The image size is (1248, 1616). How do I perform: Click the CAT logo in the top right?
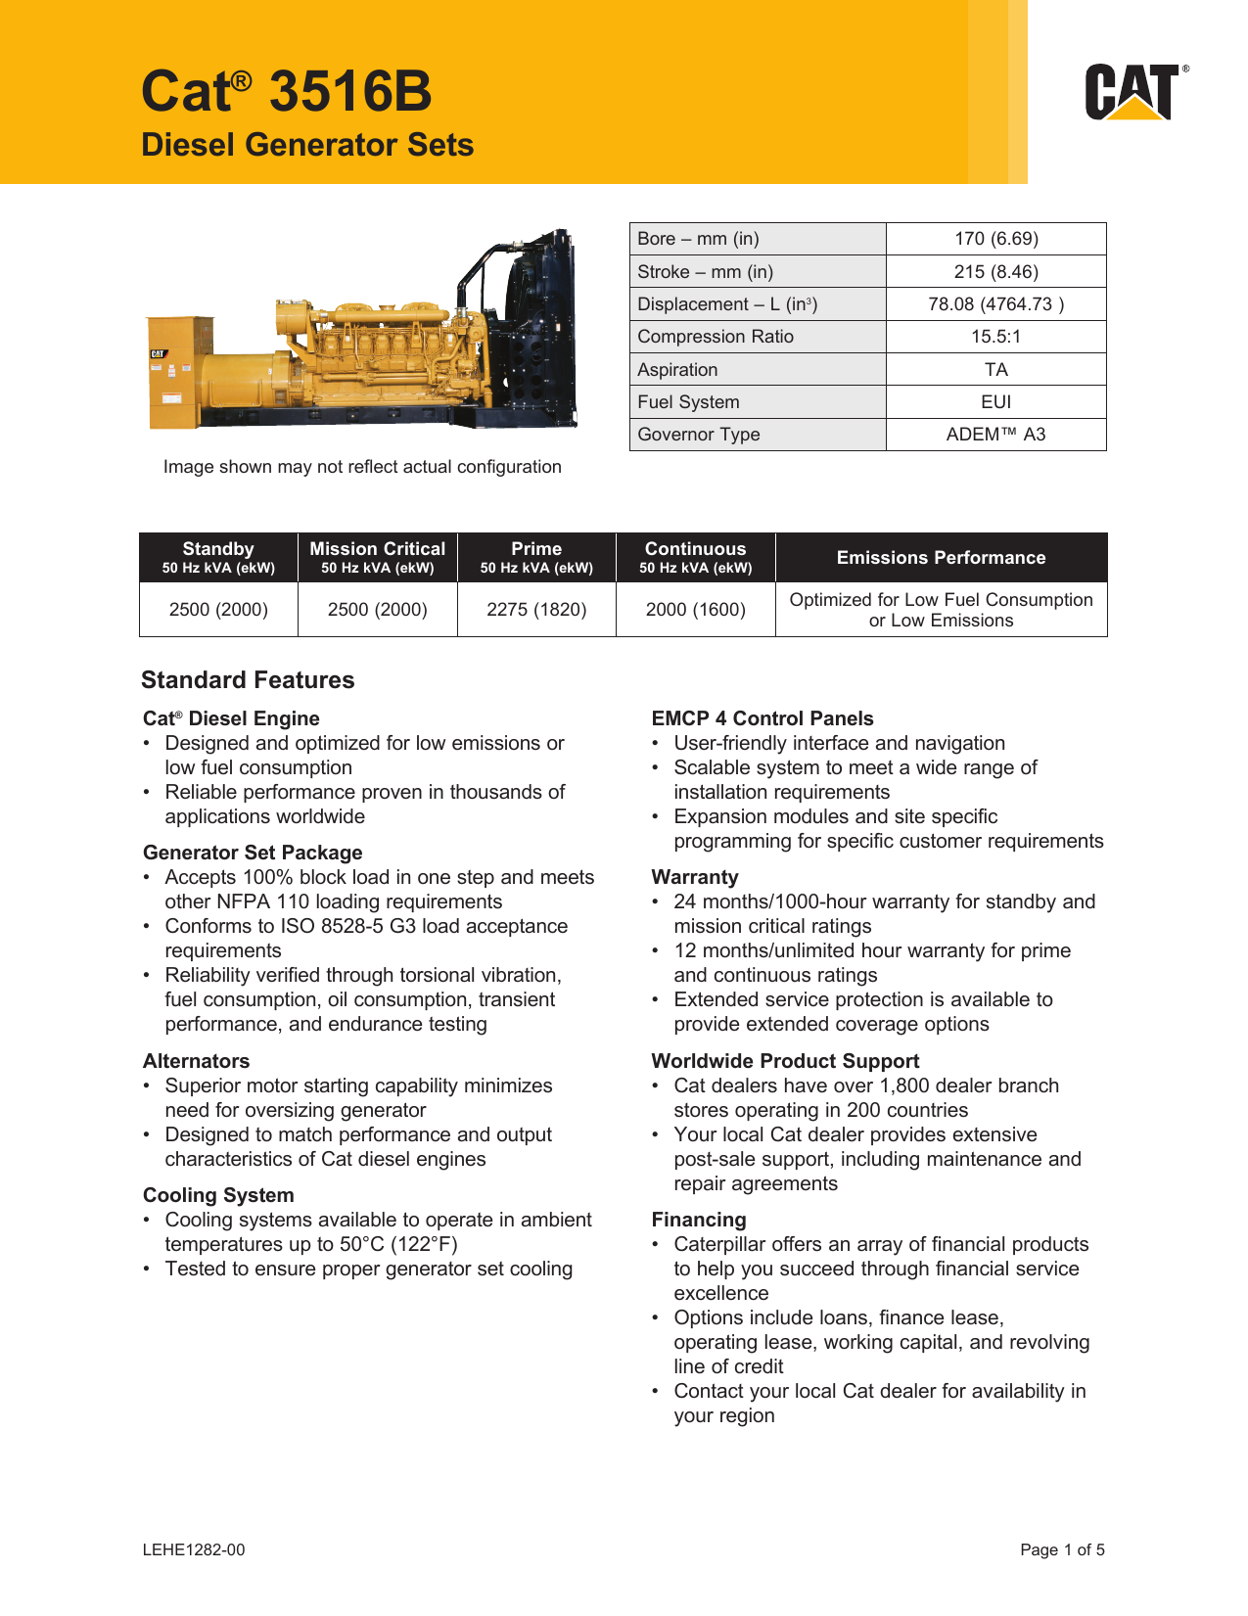point(1135,92)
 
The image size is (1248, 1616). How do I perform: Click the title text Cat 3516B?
point(286,91)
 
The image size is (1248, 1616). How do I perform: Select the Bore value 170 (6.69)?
point(995,239)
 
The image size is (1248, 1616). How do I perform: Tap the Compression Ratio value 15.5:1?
point(995,337)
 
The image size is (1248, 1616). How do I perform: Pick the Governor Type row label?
point(698,435)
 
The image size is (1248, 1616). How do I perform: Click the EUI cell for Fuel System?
point(995,402)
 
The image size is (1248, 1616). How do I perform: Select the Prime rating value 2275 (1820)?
point(536,610)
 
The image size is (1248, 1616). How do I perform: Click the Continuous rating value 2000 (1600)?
point(695,610)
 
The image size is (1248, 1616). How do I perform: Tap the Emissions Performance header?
point(941,558)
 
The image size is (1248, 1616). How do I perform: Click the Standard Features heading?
point(248,680)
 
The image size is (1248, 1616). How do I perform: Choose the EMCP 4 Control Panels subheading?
point(762,718)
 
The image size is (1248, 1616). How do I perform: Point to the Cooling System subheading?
point(218,1195)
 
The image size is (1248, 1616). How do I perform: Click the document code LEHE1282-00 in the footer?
point(194,1549)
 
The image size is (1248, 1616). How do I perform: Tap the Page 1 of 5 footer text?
point(1062,1549)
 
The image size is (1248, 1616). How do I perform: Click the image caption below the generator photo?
point(362,467)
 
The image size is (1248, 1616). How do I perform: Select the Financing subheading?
point(699,1220)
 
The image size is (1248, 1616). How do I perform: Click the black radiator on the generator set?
point(533,323)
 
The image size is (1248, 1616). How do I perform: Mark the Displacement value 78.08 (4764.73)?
point(995,304)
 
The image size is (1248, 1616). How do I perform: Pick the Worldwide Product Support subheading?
point(785,1061)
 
